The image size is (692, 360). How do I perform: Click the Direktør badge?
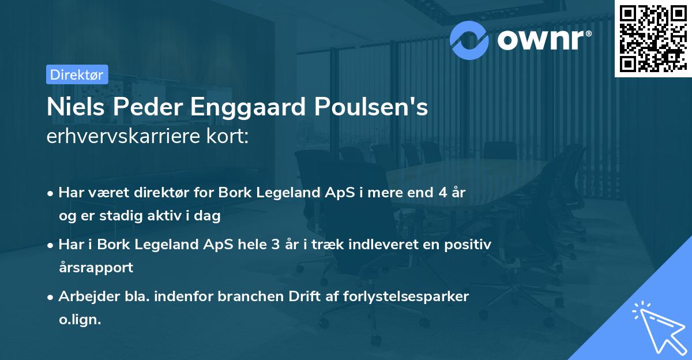point(77,74)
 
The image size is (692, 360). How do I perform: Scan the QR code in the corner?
point(653,38)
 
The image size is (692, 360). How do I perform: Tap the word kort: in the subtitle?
point(230,138)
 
